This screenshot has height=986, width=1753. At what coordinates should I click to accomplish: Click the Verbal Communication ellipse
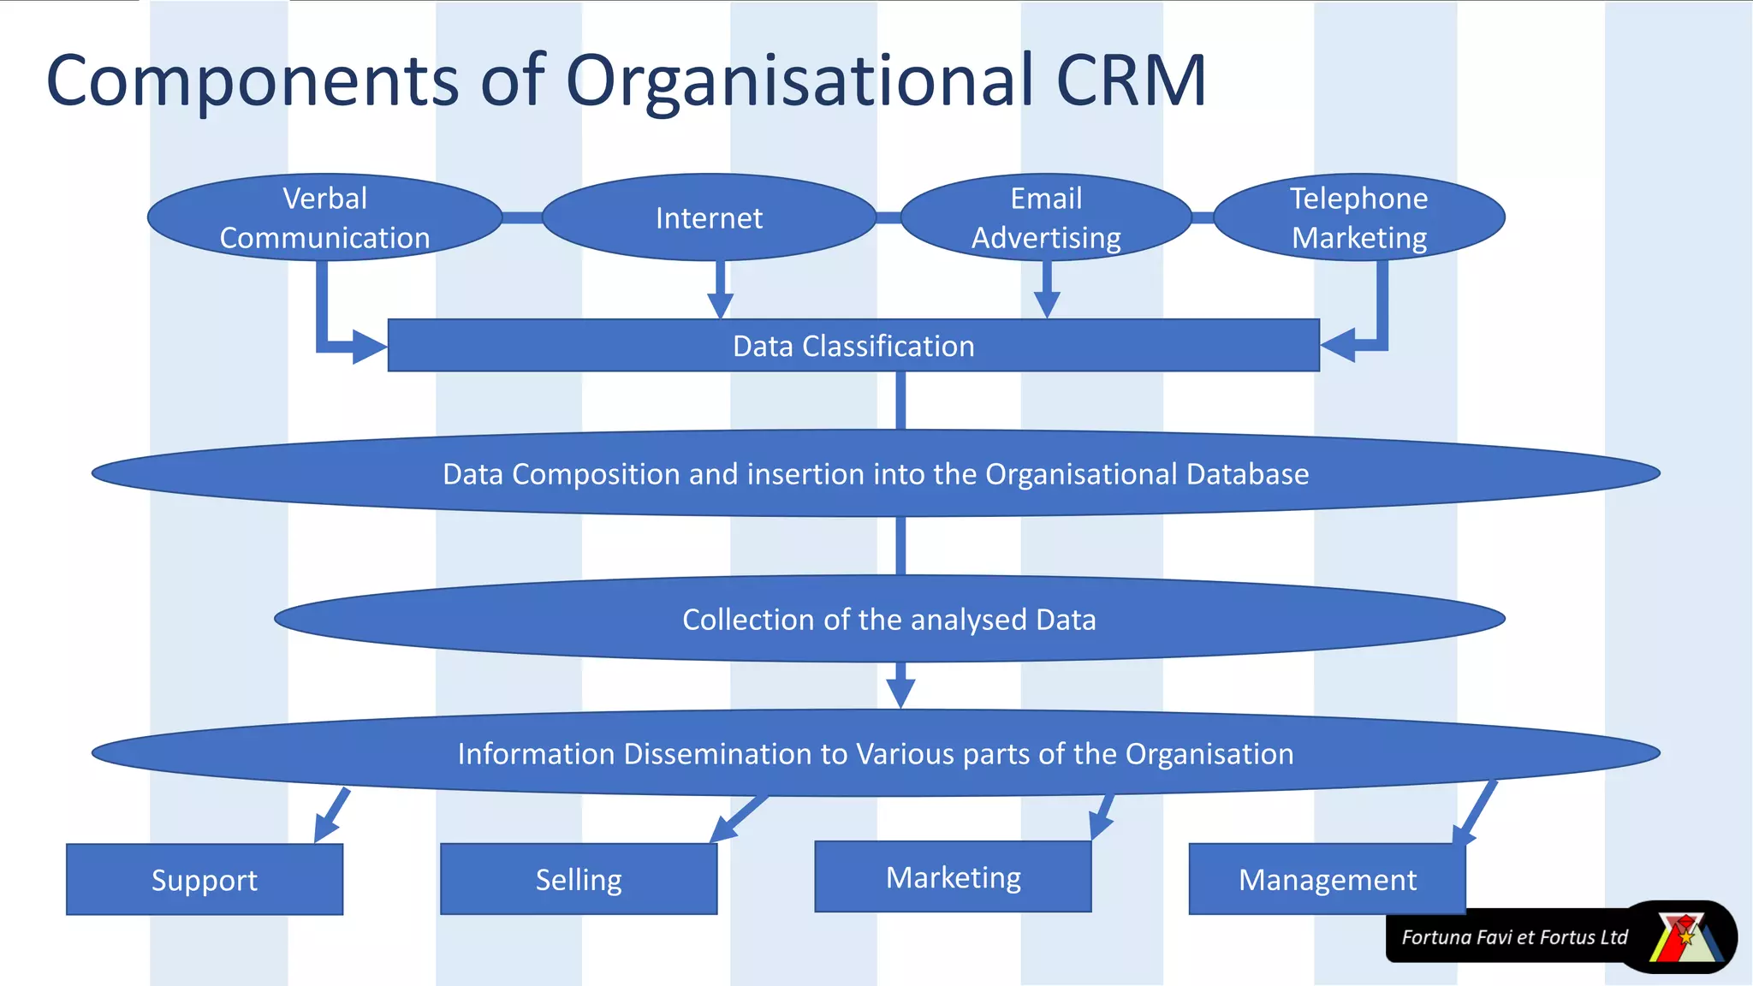324,217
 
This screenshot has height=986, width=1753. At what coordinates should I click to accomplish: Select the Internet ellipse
709,217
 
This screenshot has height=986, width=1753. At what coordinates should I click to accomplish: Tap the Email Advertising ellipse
1046,217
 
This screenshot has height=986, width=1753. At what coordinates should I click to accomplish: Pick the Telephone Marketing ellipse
1359,217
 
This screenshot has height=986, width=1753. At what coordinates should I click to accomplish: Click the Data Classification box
853,346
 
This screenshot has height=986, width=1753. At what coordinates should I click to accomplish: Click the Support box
205,880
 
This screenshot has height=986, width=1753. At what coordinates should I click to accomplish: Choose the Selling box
579,880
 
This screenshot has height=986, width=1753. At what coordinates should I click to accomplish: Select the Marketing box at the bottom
953,877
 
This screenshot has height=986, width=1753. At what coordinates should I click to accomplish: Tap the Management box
1327,880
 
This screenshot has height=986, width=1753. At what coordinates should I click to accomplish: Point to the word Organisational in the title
799,80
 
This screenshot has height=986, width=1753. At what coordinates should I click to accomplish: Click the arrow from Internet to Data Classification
721,291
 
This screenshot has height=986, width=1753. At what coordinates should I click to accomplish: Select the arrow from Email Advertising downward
1047,291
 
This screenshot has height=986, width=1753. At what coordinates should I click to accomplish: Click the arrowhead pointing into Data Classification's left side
368,347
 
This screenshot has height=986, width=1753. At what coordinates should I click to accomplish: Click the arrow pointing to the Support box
331,815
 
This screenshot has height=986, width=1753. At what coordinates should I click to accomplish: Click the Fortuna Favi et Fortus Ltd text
1513,937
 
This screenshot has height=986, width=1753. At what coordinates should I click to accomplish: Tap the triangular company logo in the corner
1685,938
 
